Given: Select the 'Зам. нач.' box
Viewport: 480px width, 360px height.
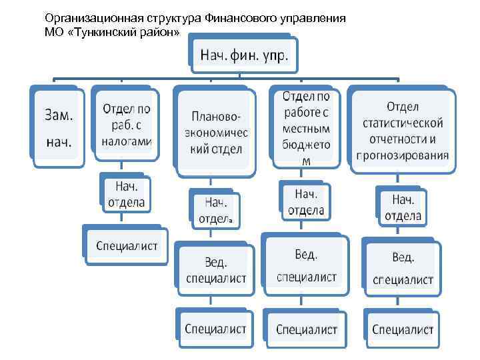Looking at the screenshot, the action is tap(59, 128).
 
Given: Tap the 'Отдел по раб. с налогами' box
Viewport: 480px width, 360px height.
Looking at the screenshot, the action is tap(127, 125).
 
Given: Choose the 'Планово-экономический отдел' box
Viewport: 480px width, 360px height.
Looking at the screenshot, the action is tap(215, 132).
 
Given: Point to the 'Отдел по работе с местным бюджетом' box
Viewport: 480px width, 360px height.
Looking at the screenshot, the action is tap(306, 128).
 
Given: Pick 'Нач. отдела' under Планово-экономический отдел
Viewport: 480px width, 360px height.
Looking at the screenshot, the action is tap(215, 210).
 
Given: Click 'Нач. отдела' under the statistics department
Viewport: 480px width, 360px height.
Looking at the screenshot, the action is tap(403, 207).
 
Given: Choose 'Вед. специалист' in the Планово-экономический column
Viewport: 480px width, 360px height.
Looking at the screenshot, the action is tap(215, 268).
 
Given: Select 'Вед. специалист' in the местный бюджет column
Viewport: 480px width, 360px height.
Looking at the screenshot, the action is tap(306, 265).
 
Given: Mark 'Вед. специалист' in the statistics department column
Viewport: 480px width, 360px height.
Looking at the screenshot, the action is tap(403, 267).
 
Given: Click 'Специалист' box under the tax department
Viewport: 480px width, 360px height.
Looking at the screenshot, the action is tap(127, 245).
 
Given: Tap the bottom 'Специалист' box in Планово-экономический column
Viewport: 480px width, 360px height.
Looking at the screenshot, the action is tap(215, 329).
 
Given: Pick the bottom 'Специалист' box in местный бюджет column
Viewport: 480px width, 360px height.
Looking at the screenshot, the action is tap(306, 329).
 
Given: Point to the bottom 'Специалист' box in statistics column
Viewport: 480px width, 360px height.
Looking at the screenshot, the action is tap(403, 329).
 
